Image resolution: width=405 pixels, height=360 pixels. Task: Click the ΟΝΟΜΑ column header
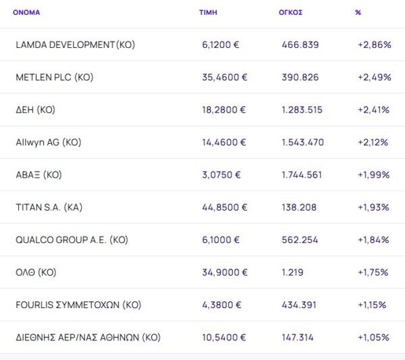pos(26,12)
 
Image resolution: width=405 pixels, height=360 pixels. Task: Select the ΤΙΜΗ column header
pos(208,12)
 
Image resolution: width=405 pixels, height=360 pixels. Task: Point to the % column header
pos(358,12)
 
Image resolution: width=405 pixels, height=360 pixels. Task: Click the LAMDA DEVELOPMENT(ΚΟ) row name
pos(75,45)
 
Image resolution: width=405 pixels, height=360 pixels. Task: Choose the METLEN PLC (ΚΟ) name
pos(55,77)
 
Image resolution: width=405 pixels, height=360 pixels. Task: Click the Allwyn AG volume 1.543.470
pos(303,142)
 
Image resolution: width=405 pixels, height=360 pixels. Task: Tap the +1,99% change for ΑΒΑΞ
pos(374,174)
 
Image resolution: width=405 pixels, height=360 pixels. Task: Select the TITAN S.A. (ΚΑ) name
pos(49,207)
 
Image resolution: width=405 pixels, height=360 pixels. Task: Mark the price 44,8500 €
pos(225,207)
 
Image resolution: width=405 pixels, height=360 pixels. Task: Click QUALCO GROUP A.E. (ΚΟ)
pos(72,240)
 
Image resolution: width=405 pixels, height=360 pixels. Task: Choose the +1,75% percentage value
pos(373,272)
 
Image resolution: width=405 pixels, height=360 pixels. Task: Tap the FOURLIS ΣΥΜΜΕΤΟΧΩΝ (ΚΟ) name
pos(78,305)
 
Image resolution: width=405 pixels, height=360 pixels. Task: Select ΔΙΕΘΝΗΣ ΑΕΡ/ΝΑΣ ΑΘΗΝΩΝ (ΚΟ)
pos(88,337)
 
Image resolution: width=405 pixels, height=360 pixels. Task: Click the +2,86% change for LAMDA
pos(374,45)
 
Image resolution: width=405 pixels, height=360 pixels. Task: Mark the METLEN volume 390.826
pos(300,77)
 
